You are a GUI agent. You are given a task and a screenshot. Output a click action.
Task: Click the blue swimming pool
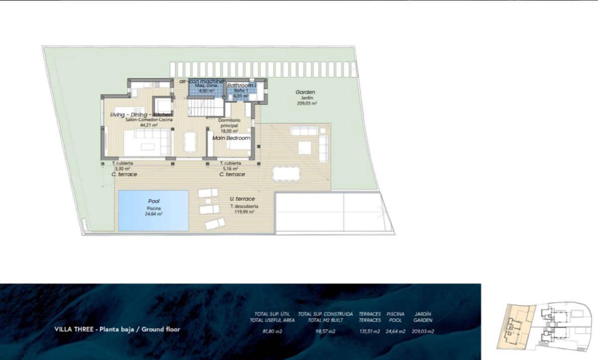click(x=153, y=211)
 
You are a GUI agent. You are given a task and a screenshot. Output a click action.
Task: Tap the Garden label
click(x=305, y=92)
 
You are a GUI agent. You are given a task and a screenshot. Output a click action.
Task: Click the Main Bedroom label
click(x=231, y=138)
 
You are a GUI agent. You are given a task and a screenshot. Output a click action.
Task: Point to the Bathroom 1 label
click(x=242, y=86)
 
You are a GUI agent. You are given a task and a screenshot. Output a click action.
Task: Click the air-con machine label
click(x=201, y=81)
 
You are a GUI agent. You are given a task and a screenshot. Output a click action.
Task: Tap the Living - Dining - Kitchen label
click(x=141, y=115)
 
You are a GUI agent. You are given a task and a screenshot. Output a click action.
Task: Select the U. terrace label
click(x=242, y=199)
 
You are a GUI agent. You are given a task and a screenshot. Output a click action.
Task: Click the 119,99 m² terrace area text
click(x=243, y=212)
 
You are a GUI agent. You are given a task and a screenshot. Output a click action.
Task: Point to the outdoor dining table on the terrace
click(x=286, y=173)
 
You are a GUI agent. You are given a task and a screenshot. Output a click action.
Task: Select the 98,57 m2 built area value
click(x=325, y=331)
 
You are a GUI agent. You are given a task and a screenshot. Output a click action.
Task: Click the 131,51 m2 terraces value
click(x=370, y=331)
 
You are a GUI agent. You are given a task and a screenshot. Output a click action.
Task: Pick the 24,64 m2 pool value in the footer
click(x=395, y=331)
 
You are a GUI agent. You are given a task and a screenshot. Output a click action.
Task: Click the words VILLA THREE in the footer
click(x=75, y=329)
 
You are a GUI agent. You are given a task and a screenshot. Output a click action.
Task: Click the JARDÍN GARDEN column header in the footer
click(x=423, y=317)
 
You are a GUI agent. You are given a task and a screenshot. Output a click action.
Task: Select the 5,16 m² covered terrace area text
click(x=230, y=169)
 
